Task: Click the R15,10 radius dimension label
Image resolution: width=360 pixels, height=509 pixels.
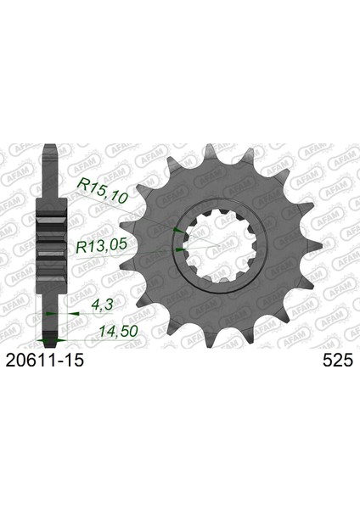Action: click(101, 192)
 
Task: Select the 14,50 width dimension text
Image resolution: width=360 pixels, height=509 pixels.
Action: click(119, 331)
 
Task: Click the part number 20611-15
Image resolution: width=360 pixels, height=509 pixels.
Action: click(45, 360)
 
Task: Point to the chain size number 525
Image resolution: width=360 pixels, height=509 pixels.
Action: click(338, 360)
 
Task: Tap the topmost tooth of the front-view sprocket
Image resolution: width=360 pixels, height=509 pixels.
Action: click(211, 153)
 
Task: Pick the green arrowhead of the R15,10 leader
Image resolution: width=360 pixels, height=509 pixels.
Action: click(178, 230)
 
